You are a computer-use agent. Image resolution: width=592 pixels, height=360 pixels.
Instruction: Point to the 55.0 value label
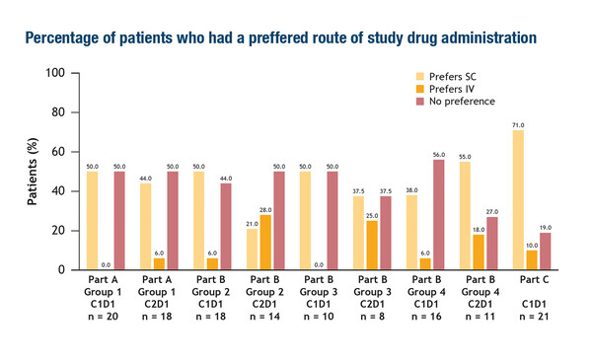pyautogui.click(x=465, y=156)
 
